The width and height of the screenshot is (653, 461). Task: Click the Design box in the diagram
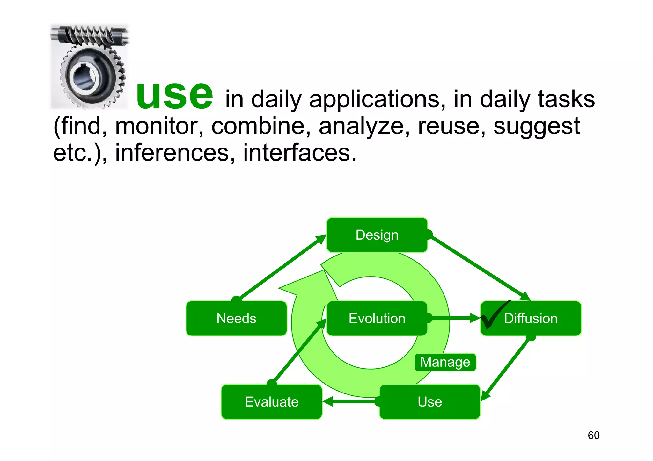[377, 235]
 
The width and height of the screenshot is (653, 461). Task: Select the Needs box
[236, 318]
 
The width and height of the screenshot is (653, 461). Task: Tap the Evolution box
[377, 318]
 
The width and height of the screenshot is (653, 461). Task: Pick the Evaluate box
[271, 402]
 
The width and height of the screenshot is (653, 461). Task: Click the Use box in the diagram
[429, 402]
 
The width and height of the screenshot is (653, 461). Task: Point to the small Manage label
[445, 362]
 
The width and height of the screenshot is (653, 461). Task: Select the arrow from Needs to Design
[281, 267]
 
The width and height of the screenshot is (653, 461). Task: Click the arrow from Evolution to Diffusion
[453, 318]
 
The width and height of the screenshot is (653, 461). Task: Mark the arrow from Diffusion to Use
[507, 368]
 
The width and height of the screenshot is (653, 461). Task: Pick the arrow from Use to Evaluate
[351, 401]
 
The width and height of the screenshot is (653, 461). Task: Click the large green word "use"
[174, 95]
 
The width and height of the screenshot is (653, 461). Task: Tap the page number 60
[593, 435]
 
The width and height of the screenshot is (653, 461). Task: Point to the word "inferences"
[172, 153]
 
